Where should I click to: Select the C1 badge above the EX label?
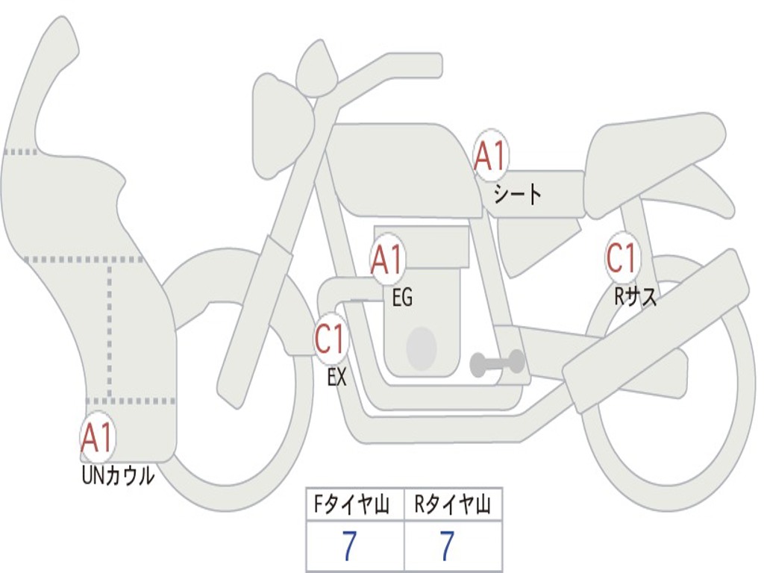click(x=331, y=340)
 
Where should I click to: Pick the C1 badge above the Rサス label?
click(x=621, y=259)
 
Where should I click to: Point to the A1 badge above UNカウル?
click(x=97, y=439)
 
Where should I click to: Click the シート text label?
click(x=517, y=195)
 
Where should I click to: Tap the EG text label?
click(x=401, y=298)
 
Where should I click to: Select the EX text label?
click(x=337, y=378)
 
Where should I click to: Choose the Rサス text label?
click(x=636, y=297)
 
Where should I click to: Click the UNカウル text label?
click(x=118, y=475)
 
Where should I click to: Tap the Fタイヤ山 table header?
click(x=354, y=506)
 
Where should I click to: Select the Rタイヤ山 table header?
click(x=453, y=506)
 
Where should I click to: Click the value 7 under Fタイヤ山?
click(x=348, y=547)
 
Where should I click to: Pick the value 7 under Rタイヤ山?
click(x=446, y=547)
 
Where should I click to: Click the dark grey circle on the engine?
click(x=421, y=348)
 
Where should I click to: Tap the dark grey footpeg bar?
click(x=497, y=363)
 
